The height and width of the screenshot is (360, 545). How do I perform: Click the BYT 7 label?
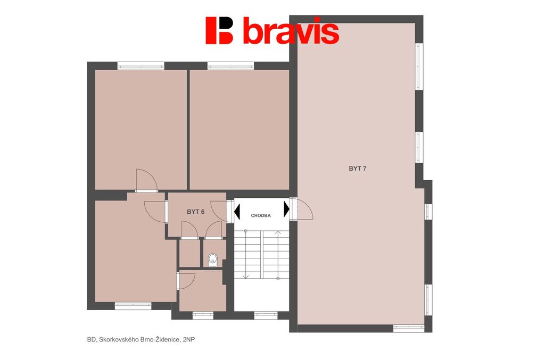(357, 169)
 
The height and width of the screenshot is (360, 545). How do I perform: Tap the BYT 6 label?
(195, 212)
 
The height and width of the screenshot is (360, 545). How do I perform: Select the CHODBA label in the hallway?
(261, 215)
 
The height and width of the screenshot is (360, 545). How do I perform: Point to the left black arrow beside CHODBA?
(237, 212)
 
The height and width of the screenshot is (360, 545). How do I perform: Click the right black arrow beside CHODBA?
(286, 210)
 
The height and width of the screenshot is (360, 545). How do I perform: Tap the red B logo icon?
(219, 30)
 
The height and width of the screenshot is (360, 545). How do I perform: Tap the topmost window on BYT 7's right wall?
(419, 66)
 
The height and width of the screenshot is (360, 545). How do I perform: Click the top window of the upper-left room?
(141, 65)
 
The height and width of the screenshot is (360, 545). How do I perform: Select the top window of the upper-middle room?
(230, 65)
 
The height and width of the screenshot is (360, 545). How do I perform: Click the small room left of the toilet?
(189, 254)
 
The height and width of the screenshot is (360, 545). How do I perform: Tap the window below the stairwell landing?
(266, 315)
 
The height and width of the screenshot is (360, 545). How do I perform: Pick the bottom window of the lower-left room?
(133, 306)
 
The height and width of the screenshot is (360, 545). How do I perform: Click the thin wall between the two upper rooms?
(188, 130)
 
